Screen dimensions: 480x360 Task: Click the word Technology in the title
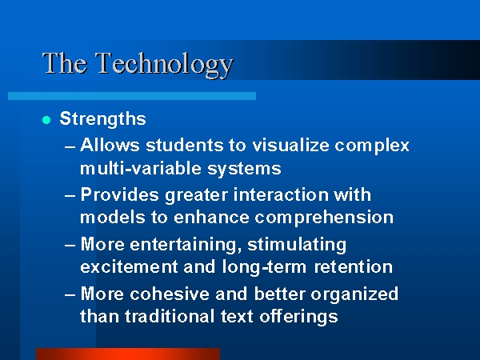point(165,65)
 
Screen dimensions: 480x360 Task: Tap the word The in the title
point(65,63)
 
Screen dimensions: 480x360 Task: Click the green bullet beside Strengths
point(46,120)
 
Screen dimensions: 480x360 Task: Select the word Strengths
point(103,118)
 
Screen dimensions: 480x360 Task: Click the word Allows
point(110,145)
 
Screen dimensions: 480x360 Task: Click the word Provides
point(120,194)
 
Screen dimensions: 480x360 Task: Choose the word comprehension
point(324,218)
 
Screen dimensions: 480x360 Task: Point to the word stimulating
point(297,245)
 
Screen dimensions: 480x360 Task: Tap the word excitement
point(129,267)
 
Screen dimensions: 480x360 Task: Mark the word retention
point(354,267)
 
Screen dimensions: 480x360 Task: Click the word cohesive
point(170,294)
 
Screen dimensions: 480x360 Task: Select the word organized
point(354,294)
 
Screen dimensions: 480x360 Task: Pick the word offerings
point(298,317)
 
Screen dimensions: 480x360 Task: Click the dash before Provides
point(70,196)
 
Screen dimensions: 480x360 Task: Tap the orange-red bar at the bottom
point(128,354)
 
